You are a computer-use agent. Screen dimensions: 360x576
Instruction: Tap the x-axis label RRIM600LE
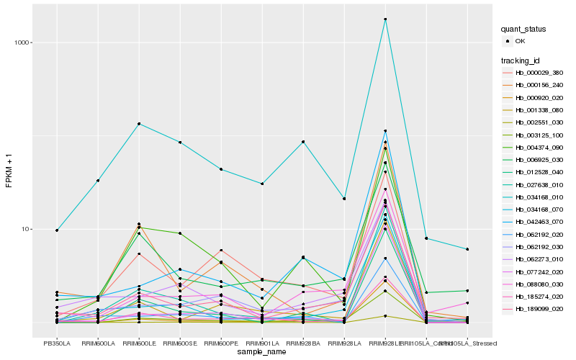[x=139, y=343]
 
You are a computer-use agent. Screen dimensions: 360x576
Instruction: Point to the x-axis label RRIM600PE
[x=221, y=343]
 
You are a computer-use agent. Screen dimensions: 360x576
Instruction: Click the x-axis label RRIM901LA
[x=262, y=343]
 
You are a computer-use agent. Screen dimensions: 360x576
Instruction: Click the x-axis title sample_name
[x=262, y=352]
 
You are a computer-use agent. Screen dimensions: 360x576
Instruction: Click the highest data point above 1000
[x=385, y=19]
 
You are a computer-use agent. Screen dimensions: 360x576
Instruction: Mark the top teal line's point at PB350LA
[x=57, y=230]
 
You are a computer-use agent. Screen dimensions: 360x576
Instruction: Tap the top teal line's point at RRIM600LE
[x=139, y=124]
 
